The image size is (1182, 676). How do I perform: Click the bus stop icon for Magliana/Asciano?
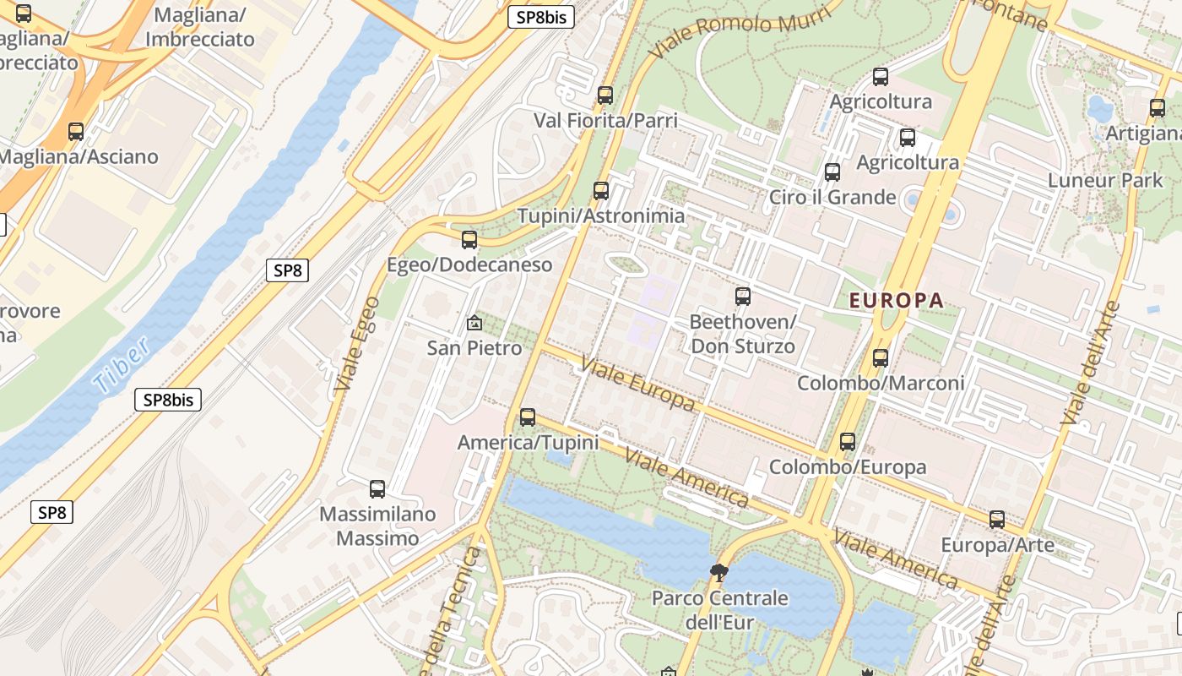click(76, 132)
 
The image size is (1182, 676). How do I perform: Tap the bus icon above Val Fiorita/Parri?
click(605, 95)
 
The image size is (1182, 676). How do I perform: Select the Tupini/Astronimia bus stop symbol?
click(601, 191)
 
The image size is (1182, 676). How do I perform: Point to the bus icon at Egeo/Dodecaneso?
click(469, 240)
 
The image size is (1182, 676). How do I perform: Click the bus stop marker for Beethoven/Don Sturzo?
click(743, 297)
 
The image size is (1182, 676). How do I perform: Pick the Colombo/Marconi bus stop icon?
click(881, 358)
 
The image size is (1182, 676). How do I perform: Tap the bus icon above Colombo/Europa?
click(848, 442)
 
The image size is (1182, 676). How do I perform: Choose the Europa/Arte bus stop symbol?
click(997, 520)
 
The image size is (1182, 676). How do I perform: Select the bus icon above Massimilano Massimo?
click(377, 489)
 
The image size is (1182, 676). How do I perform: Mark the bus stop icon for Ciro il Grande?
click(832, 172)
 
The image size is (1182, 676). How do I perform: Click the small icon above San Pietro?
click(474, 323)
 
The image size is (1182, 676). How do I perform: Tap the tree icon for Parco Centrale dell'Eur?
click(719, 574)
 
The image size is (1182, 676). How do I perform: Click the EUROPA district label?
click(896, 300)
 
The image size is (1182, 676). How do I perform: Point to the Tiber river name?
click(123, 365)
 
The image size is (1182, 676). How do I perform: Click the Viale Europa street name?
click(638, 385)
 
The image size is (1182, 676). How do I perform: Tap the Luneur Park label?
click(1105, 180)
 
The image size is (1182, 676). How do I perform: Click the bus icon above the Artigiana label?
click(1158, 109)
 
